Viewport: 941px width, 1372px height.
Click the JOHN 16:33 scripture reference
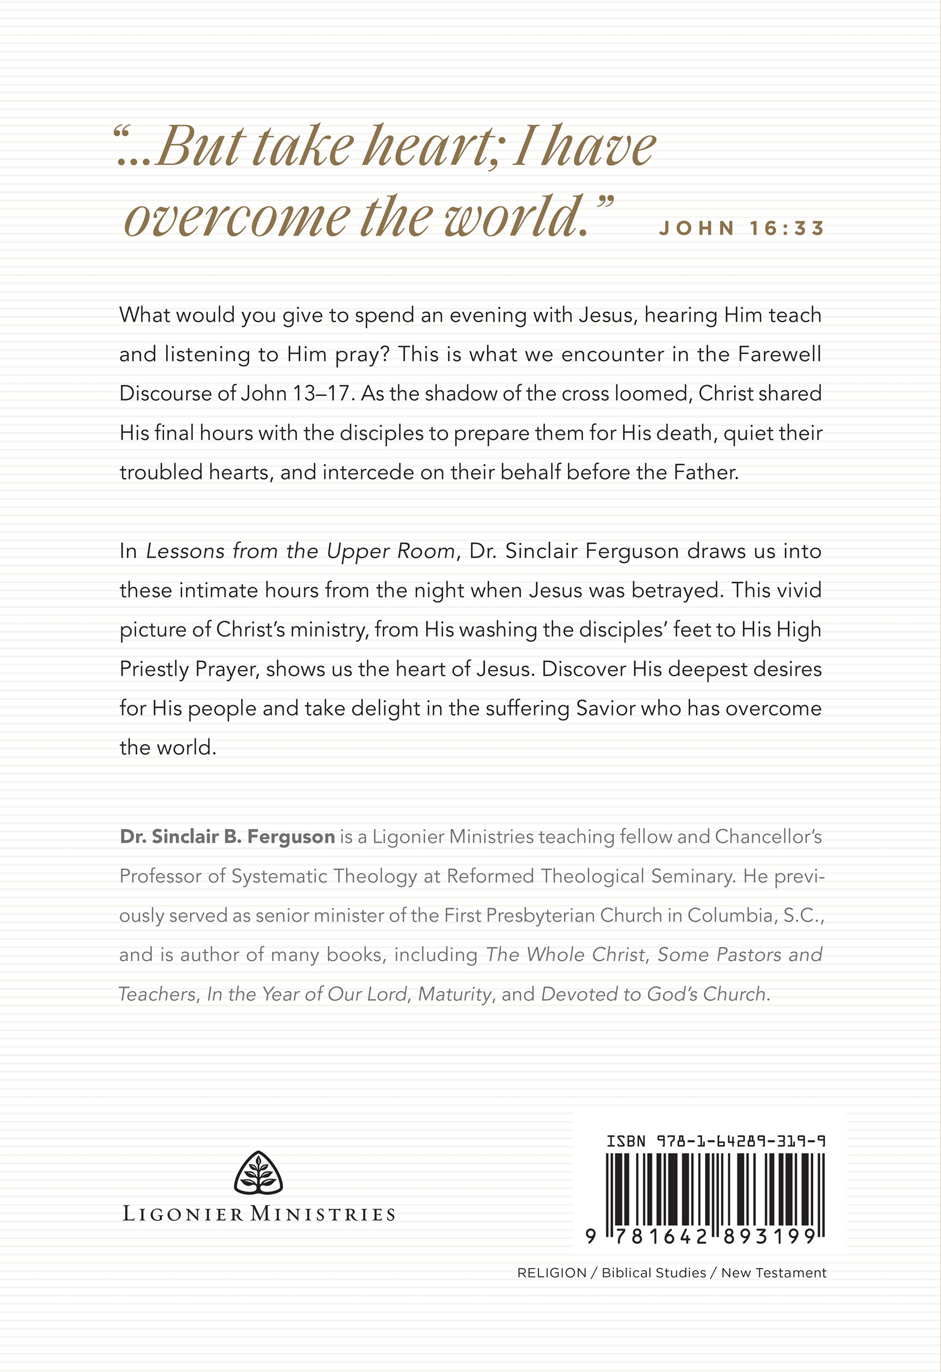[x=742, y=228]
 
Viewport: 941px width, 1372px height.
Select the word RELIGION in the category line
[x=552, y=1273]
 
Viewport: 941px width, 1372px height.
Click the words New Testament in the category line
[x=773, y=1273]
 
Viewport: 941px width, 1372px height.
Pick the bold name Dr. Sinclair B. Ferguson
[x=227, y=837]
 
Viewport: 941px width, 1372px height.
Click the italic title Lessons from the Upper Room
[x=300, y=551]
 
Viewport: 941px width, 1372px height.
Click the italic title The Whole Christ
[x=565, y=955]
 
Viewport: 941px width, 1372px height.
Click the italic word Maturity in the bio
[x=454, y=994]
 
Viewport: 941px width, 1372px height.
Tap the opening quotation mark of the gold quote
[x=121, y=131]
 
